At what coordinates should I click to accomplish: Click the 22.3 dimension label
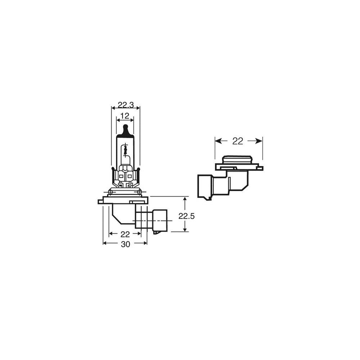point(126,105)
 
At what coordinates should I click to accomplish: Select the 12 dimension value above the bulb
point(125,116)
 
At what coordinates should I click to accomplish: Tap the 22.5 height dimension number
point(186,216)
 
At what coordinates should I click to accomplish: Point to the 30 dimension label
point(125,244)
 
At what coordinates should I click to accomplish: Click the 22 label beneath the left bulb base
point(125,234)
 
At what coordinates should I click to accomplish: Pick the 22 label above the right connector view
point(237,141)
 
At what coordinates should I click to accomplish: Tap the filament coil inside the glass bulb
point(125,150)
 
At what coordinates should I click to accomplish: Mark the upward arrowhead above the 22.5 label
point(184,199)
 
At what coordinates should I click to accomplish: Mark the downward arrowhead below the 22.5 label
point(184,229)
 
